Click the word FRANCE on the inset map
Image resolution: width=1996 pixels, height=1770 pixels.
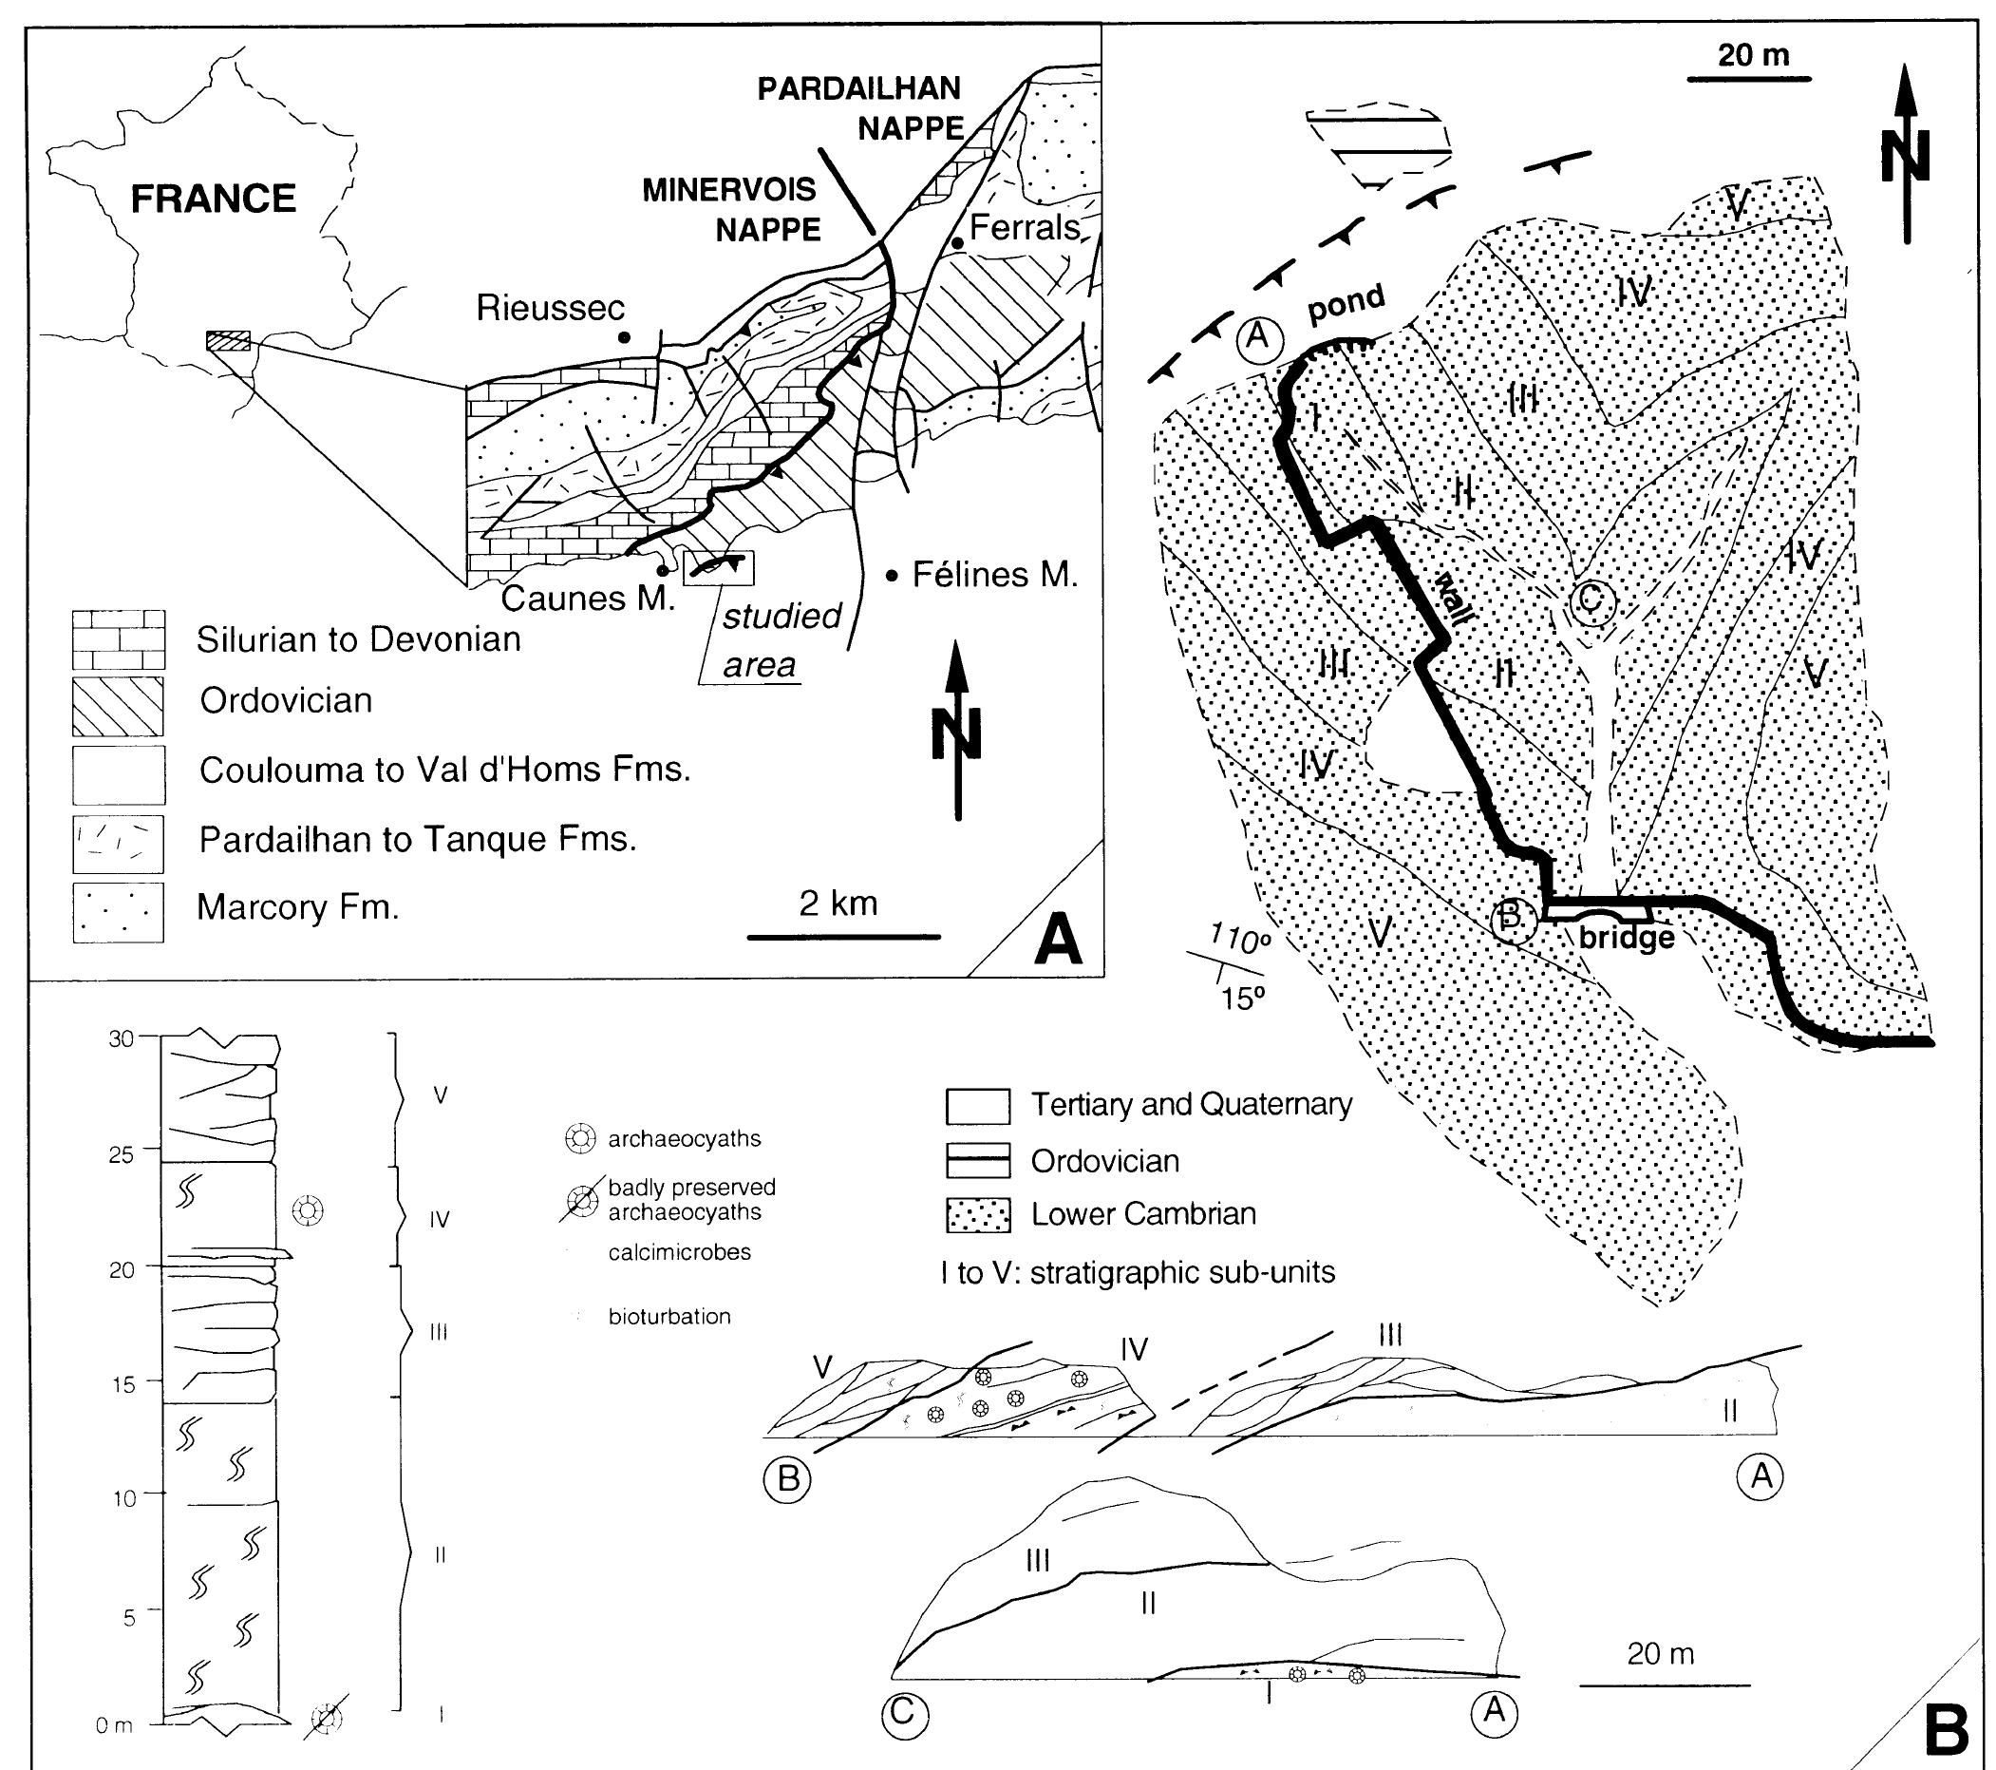(213, 200)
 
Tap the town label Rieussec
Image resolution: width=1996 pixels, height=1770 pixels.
(550, 309)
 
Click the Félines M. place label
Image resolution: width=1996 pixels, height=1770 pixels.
(994, 576)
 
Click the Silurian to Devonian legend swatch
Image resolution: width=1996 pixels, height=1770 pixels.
(118, 638)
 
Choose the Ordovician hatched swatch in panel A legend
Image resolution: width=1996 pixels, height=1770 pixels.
(118, 706)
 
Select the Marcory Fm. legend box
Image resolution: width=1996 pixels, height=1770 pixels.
(118, 912)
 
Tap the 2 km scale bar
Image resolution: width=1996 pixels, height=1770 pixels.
(844, 936)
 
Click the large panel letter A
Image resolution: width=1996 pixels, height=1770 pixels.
(1058, 942)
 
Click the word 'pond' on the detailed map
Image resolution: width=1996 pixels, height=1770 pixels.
(1346, 304)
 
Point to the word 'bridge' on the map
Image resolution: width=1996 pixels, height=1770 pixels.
(1626, 938)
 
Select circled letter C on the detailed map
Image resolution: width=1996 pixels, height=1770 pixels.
(1591, 600)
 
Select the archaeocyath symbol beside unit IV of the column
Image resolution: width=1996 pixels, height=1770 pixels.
(308, 1210)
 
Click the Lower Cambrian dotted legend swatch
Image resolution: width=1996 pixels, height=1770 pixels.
(977, 1215)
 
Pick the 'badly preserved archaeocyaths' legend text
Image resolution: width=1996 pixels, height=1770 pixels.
(691, 1200)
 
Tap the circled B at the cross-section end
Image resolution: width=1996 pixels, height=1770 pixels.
(788, 1479)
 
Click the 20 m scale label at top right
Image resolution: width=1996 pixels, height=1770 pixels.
(1753, 55)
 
